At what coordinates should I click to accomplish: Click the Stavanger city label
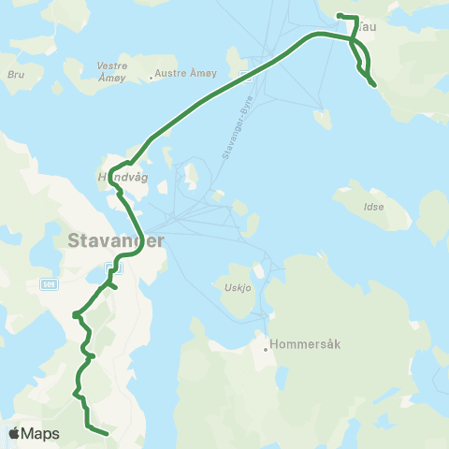pyautogui.click(x=116, y=240)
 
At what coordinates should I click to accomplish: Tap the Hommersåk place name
pyautogui.click(x=306, y=343)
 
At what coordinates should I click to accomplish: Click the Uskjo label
pyautogui.click(x=238, y=287)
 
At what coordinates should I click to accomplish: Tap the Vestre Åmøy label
pyautogui.click(x=112, y=71)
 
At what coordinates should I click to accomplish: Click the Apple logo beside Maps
pyautogui.click(x=14, y=433)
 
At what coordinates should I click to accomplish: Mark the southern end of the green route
pyautogui.click(x=108, y=433)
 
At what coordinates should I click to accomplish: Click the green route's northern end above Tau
pyautogui.click(x=339, y=16)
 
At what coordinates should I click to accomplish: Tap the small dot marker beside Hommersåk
pyautogui.click(x=266, y=351)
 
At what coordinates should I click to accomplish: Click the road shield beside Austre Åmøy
pyautogui.click(x=245, y=74)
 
